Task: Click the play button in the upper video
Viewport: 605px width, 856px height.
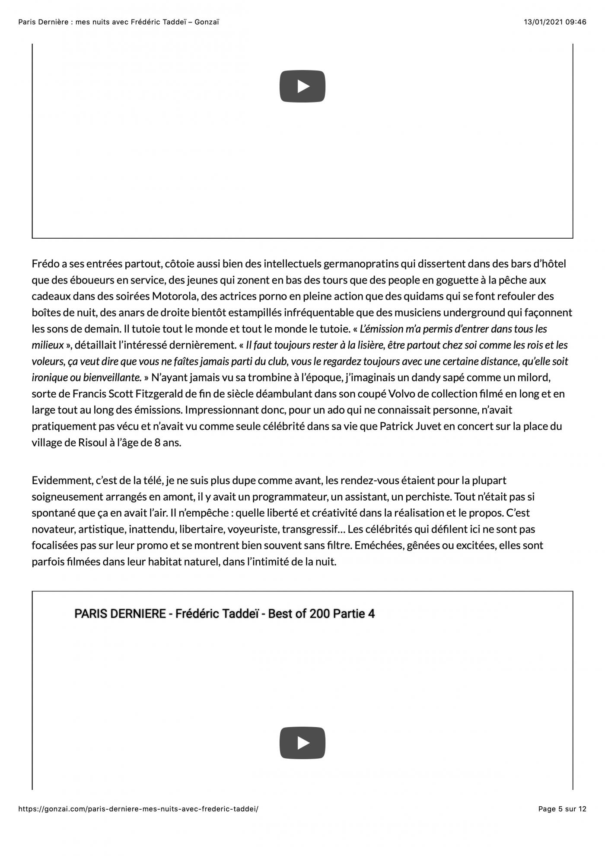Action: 302,86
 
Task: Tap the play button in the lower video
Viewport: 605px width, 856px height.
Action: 302,743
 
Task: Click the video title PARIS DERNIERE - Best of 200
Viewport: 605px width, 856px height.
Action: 224,613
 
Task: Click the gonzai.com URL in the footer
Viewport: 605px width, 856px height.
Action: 138,809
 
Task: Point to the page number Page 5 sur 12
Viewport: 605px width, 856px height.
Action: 562,809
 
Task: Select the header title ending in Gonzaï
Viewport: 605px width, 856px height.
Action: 118,22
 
